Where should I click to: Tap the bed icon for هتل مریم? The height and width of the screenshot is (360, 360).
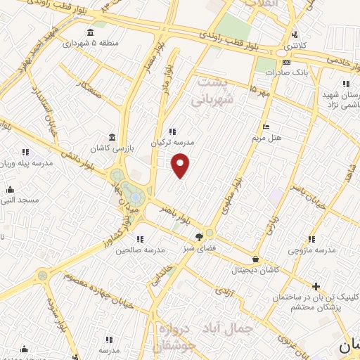click(x=265, y=127)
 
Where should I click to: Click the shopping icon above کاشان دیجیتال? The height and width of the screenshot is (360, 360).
click(x=255, y=258)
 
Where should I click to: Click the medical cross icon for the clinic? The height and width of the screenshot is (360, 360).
click(x=316, y=286)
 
